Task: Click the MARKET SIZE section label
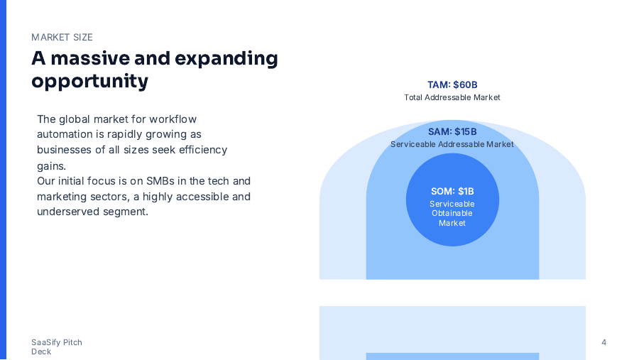62,38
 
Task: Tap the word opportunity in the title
89,81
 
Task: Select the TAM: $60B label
452,85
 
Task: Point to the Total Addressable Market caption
452,97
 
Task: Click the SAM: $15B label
452,131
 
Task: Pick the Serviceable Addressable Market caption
452,144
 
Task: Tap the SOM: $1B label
452,191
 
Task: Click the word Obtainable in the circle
452,213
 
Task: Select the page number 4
603,342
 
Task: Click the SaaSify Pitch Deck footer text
57,347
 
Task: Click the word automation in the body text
65,134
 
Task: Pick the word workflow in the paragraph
173,119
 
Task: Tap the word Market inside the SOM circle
452,223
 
